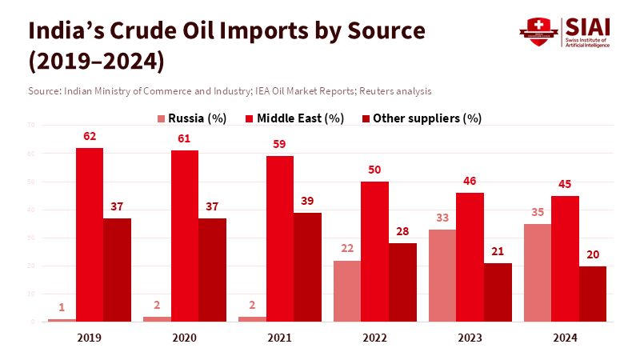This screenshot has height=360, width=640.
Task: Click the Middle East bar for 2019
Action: [90, 234]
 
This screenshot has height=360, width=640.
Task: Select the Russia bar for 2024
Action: [538, 273]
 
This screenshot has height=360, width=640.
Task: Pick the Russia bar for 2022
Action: [347, 291]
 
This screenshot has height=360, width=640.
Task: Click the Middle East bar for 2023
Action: [470, 257]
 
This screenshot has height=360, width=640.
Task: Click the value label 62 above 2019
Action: [90, 136]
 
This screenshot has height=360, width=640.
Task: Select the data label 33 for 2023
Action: [442, 218]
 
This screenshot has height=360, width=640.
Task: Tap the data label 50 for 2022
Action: [374, 170]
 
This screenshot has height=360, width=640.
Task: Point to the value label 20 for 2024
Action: [593, 254]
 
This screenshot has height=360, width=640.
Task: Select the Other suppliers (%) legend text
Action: [428, 118]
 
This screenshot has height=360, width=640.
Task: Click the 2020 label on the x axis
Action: [185, 338]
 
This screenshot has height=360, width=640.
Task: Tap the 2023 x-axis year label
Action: [470, 338]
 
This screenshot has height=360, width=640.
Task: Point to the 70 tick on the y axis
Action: [30, 125]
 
